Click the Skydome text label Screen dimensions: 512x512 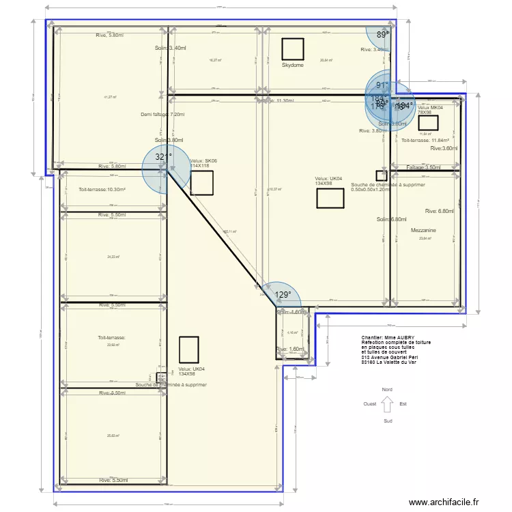293,66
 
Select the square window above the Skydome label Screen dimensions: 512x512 293,49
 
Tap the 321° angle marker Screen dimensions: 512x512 162,156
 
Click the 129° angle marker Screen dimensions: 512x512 283,295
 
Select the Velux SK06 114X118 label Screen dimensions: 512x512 203,163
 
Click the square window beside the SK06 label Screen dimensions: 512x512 201,182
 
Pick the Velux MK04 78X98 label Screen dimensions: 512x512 430,110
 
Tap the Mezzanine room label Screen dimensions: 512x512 424,231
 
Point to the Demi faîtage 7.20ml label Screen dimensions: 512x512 162,115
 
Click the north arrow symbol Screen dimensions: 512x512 387,405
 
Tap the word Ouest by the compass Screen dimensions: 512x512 370,403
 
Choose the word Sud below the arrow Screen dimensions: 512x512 387,421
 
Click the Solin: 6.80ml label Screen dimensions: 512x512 391,220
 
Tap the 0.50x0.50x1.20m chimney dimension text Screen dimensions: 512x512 369,190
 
